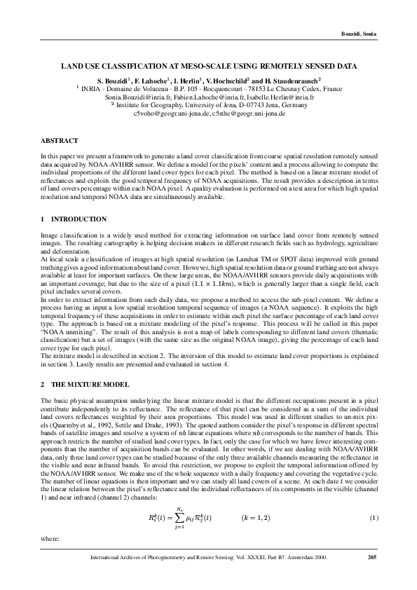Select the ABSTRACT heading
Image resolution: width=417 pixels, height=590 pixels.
(x=59, y=141)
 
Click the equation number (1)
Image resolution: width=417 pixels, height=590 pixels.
(x=374, y=518)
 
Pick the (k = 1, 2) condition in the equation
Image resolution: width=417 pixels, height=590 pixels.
(x=259, y=517)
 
